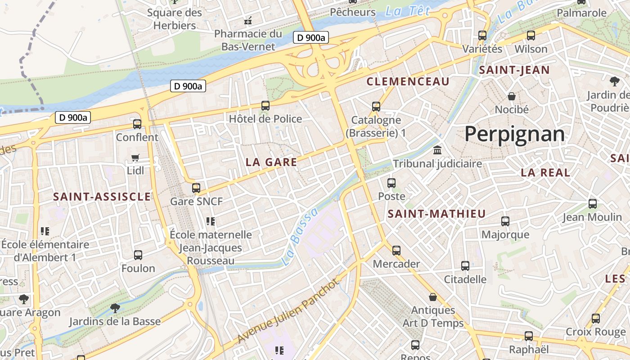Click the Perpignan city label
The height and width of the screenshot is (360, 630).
pos(514,134)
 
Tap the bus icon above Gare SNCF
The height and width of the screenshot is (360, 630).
pos(196,188)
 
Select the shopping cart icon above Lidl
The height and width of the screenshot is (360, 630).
pos(135,157)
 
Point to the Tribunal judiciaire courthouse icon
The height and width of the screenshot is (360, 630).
pos(437,150)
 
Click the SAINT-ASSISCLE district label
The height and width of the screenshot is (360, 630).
pos(102,197)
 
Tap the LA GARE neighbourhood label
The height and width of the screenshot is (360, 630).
pos(271,162)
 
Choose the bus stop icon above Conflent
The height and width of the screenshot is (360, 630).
pos(137,124)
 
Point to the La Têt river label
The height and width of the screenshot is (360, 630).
pos(408,11)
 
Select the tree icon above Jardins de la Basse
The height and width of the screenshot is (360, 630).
pos(115,308)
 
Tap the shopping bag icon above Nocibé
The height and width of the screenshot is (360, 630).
pos(512,96)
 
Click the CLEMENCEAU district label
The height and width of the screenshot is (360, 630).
pos(408,81)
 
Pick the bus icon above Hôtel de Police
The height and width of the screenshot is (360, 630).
pos(265,106)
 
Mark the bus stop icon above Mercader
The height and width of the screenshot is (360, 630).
pos(396,250)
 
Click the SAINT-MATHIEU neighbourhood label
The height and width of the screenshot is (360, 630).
pos(436,214)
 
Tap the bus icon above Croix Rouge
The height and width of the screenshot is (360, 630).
pos(596,319)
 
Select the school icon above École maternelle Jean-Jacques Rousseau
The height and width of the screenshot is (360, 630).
pos(211,221)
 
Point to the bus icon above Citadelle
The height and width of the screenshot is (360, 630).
pos(465,266)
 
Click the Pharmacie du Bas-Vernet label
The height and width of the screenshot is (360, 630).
pos(248,40)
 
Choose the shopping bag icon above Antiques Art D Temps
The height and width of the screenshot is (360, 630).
pos(433,297)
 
